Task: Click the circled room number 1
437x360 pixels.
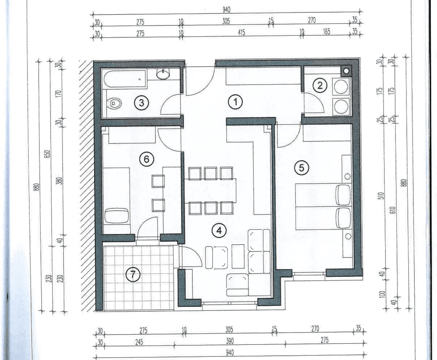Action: [235, 102]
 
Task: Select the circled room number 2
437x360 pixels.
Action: [320, 86]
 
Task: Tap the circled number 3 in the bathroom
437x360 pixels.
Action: [142, 103]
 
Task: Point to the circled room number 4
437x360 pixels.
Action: [219, 231]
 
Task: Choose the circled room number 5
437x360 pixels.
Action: [301, 168]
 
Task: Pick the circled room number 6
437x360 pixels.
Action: [146, 159]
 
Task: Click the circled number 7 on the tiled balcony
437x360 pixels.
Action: [133, 275]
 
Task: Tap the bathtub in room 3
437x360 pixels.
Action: [125, 79]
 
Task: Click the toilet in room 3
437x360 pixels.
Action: [114, 103]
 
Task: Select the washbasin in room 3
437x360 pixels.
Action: [163, 73]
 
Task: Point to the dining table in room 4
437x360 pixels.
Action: [210, 191]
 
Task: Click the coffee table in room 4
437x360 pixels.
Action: [238, 256]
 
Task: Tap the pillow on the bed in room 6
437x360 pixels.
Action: [117, 216]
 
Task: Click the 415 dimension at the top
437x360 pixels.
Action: [241, 33]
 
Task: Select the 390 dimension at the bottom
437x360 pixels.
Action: [230, 341]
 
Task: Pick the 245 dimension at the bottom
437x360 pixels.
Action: [139, 342]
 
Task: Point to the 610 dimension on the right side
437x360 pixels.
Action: [393, 210]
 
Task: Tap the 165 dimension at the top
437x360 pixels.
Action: [327, 32]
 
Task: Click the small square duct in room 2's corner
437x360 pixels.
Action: [346, 71]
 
